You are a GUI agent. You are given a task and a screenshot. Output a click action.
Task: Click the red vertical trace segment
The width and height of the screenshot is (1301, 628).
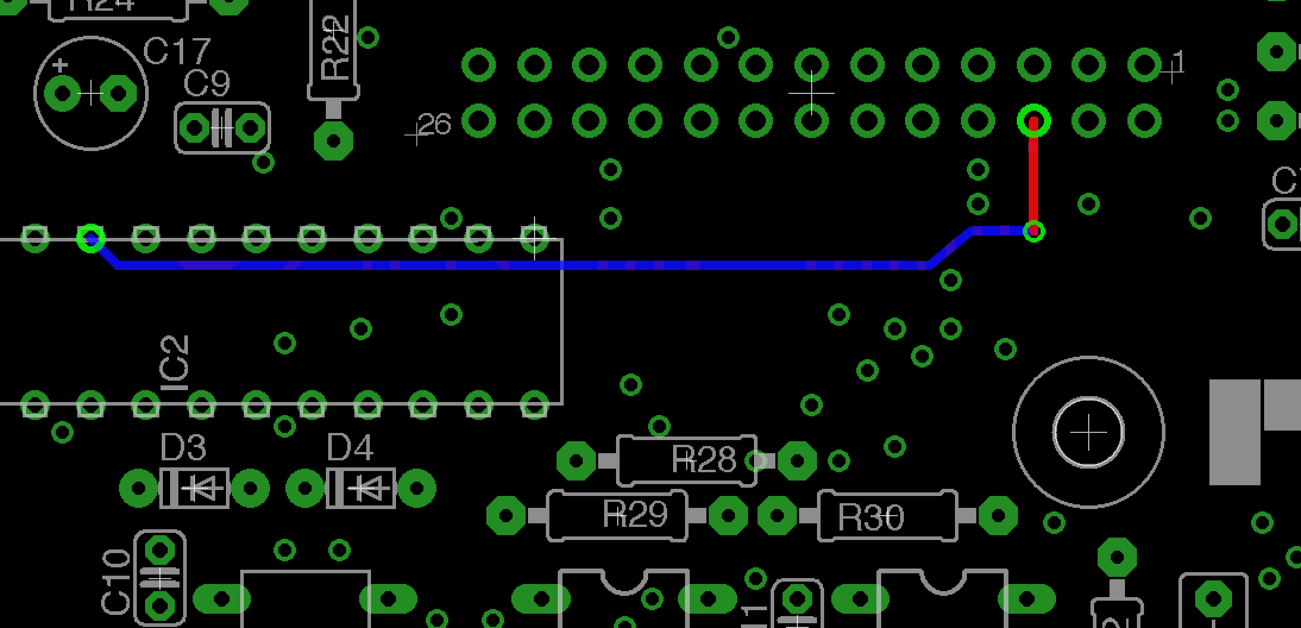click(1033, 178)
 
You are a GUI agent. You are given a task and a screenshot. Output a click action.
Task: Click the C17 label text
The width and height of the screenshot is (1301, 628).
click(177, 52)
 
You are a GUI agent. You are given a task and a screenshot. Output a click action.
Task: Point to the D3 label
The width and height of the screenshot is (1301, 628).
click(183, 447)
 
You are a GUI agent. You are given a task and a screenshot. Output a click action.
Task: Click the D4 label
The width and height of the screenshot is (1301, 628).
click(350, 447)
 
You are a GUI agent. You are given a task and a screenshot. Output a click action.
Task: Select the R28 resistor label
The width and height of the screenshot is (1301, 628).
click(704, 460)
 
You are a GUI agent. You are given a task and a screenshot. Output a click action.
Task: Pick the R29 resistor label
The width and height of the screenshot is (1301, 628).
click(635, 514)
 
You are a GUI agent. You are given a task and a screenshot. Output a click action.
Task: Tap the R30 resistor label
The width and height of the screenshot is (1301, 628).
click(871, 517)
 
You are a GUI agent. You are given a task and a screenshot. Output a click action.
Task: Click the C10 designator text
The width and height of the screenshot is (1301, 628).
click(116, 582)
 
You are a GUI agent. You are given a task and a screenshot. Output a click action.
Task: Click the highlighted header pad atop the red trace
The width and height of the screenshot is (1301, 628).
click(1034, 121)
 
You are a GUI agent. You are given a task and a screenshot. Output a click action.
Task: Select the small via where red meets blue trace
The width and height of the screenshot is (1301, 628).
click(1034, 231)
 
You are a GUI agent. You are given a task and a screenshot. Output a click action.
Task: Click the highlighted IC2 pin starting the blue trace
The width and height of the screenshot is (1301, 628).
click(91, 239)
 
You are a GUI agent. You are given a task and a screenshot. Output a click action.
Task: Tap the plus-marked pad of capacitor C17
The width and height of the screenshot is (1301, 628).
click(62, 93)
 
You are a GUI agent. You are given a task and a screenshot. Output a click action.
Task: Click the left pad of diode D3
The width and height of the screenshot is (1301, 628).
click(138, 489)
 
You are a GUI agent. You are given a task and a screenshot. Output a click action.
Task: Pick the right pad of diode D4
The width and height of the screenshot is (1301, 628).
click(417, 489)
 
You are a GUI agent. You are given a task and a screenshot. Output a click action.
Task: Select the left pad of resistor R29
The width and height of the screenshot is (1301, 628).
click(505, 515)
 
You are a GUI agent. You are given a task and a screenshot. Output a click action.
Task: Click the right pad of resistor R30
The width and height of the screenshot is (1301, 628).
click(998, 516)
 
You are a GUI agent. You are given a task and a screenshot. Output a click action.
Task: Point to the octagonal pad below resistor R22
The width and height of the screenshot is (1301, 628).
click(334, 141)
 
